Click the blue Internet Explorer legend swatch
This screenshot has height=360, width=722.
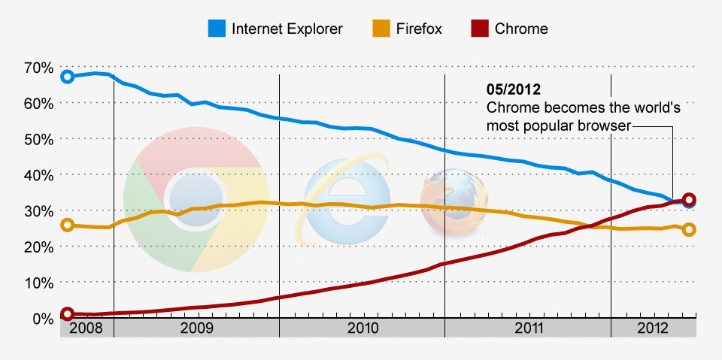coord(217,29)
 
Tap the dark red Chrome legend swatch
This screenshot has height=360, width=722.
coord(480,29)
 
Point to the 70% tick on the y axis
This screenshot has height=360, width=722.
coord(38,68)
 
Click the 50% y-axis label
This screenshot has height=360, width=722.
coord(38,139)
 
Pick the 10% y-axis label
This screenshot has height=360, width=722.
coord(38,283)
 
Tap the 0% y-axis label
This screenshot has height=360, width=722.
coord(41,319)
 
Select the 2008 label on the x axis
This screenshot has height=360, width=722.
coord(86,328)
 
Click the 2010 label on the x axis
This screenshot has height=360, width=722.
coord(363,328)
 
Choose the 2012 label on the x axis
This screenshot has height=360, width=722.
coord(652,328)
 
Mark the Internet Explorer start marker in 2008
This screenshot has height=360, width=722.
coord(67,77)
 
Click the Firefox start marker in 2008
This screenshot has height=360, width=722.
coord(67,225)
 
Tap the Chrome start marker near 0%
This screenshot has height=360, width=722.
coord(67,314)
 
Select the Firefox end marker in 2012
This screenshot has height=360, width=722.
coord(689,230)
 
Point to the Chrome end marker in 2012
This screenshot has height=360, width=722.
coord(689,200)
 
